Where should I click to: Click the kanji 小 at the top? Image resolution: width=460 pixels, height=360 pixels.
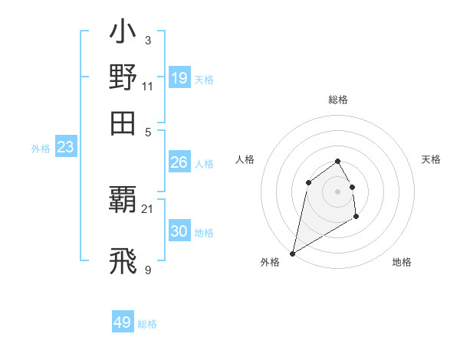click(123, 34)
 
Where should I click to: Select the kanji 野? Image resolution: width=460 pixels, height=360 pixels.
click(123, 77)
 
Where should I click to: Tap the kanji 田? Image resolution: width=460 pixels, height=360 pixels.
click(123, 123)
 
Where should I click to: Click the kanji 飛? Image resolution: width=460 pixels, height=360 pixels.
click(123, 261)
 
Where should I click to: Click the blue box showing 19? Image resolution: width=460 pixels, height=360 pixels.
click(179, 77)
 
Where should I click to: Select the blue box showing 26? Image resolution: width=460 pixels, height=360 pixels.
click(179, 162)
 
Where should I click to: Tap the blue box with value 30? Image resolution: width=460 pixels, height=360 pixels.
click(179, 231)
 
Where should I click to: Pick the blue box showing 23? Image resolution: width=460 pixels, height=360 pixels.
click(65, 148)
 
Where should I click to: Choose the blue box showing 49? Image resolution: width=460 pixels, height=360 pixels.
click(123, 322)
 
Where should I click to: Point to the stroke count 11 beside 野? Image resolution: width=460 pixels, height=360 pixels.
click(148, 86)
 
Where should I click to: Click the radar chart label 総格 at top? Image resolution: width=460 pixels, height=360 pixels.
click(337, 100)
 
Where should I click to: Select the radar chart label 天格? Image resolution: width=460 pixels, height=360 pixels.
click(431, 159)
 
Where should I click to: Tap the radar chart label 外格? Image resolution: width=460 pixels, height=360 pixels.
click(270, 262)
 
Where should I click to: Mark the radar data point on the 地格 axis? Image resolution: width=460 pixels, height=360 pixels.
click(356, 218)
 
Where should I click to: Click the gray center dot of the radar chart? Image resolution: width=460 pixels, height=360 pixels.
click(337, 191)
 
